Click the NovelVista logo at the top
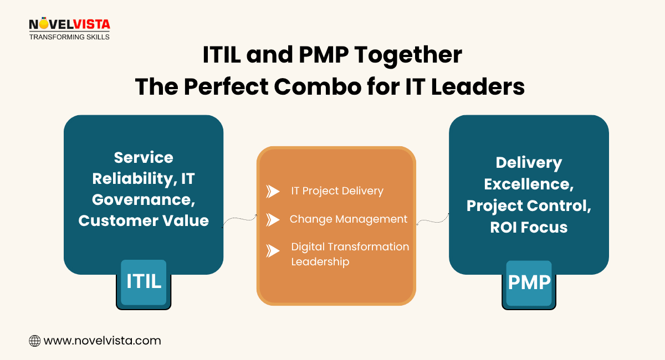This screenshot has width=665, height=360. click(69, 28)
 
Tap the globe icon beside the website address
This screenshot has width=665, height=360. click(34, 341)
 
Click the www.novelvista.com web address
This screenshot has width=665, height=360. click(102, 341)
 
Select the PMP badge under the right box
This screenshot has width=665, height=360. click(529, 283)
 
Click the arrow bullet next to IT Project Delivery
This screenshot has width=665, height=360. click(273, 191)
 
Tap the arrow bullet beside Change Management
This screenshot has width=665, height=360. click(273, 219)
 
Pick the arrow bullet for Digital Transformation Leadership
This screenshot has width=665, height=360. click(273, 251)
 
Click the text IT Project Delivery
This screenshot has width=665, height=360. click(337, 191)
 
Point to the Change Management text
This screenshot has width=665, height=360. click(348, 219)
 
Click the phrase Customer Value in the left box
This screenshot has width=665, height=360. click(144, 220)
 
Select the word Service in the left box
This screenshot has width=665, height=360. click(144, 157)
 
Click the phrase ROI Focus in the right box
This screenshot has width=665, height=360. click(529, 227)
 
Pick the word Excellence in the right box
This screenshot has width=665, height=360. click(529, 184)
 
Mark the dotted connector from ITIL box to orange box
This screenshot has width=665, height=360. click(240, 220)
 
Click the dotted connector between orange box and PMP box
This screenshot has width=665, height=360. click(432, 219)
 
